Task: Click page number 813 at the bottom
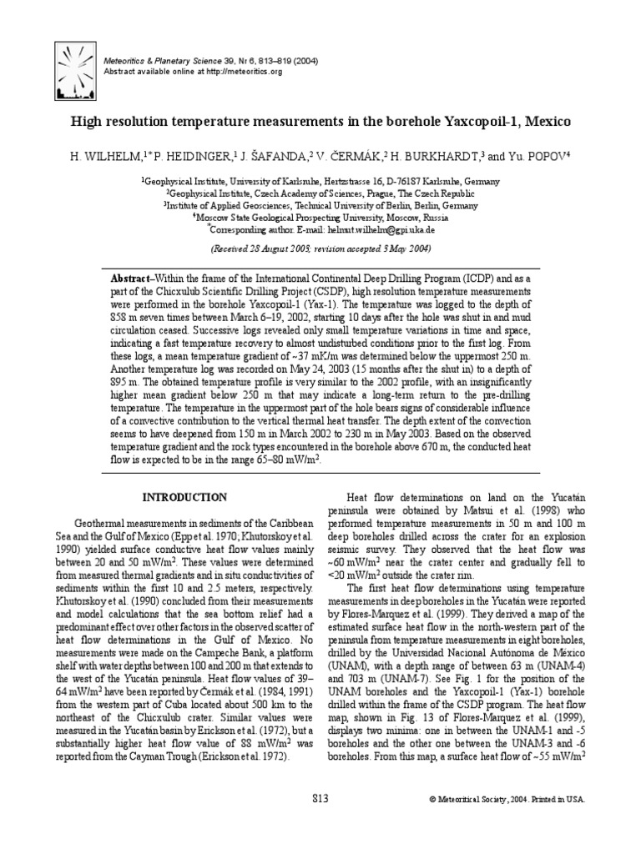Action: (x=320, y=798)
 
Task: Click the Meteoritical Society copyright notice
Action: (x=507, y=799)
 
